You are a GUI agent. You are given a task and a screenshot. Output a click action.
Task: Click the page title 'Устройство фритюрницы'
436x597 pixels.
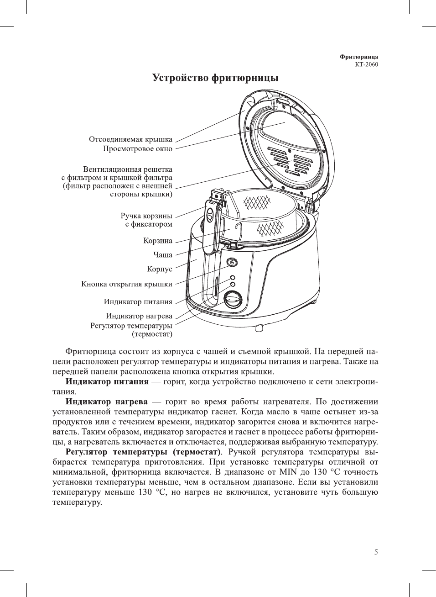[215, 78]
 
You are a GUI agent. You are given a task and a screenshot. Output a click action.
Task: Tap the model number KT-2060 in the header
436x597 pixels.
[366, 64]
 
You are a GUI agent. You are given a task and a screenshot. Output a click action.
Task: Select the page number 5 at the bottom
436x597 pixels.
[376, 552]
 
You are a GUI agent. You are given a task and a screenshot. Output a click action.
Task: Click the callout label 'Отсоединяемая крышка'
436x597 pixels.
[130, 139]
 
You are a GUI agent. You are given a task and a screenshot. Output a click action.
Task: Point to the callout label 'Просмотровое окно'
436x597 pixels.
[137, 149]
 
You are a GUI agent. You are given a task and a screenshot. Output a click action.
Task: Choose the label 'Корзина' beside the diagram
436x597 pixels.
[158, 241]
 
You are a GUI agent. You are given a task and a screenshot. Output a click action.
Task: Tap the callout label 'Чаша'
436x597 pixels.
[163, 255]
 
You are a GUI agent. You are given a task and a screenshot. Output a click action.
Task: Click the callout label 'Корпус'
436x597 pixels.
[160, 269]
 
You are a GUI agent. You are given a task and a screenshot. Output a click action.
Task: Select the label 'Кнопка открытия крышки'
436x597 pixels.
[127, 284]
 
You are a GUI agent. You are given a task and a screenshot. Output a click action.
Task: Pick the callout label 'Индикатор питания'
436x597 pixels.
[138, 302]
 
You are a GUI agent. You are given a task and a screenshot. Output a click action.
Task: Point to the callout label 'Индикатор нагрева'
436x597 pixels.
[139, 316]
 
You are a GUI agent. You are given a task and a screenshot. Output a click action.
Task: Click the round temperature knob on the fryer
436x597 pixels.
[233, 300]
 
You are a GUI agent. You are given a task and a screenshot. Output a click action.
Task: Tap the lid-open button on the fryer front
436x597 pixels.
[232, 263]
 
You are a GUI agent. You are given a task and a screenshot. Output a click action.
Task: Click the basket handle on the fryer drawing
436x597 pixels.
[211, 219]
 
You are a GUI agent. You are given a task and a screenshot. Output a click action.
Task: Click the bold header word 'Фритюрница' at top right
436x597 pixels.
[358, 57]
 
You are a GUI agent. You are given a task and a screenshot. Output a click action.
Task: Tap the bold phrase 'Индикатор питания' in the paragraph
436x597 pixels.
[107, 382]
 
